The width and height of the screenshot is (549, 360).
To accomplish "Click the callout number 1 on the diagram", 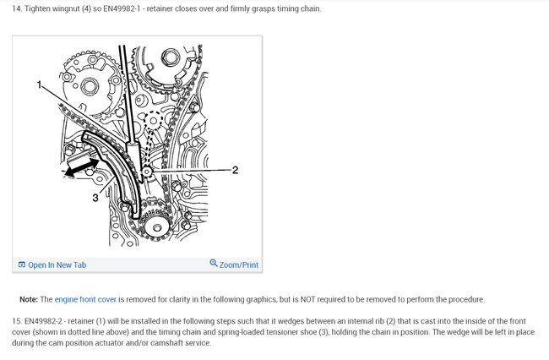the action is tap(40, 85).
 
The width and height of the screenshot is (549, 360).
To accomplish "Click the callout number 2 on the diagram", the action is tap(235, 170).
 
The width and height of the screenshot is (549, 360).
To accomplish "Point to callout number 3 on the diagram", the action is tap(95, 198).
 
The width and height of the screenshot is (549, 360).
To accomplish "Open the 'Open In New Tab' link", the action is tap(57, 265).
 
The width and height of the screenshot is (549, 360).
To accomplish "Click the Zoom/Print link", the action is tap(239, 265).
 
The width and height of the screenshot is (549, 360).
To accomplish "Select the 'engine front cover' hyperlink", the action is tap(85, 299).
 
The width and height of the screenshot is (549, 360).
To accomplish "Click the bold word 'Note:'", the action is tap(29, 299).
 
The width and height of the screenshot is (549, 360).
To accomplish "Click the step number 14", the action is tap(16, 8).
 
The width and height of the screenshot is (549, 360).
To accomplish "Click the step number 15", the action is tap(16, 321).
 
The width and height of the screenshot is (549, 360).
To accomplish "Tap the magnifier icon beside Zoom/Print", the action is tap(213, 263).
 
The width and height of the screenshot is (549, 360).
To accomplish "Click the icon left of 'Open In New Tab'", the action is tap(22, 265).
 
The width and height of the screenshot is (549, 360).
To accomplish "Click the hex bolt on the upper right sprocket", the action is tap(170, 57).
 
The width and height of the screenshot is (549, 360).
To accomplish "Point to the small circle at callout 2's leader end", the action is tap(146, 172).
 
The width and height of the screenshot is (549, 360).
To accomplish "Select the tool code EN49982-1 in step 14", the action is tap(121, 8).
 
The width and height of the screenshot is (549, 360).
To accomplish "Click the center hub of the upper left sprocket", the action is tap(90, 87).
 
